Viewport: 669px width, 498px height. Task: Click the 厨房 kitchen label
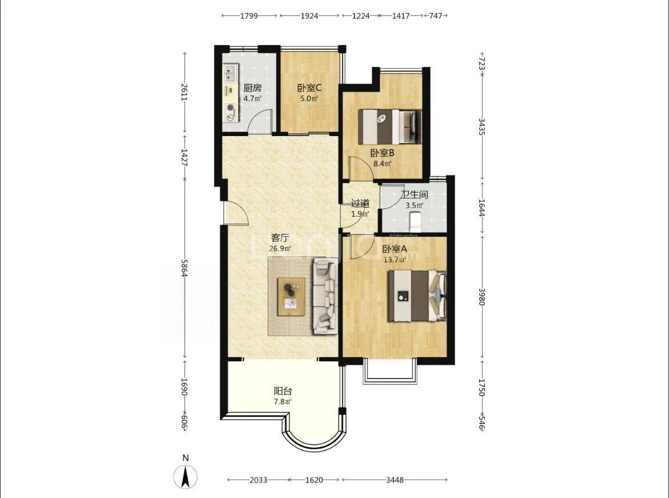coord(252,88)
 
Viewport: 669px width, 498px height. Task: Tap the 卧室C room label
coord(309,88)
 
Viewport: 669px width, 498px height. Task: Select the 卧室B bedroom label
coord(383,153)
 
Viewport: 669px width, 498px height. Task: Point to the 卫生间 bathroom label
coord(415,194)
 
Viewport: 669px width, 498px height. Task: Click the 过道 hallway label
coord(360,204)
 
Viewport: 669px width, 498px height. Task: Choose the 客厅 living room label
coord(280,238)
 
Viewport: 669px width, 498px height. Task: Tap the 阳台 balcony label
coord(282,391)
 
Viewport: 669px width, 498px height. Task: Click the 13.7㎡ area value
coord(395,258)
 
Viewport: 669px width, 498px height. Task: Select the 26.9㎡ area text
coord(280,248)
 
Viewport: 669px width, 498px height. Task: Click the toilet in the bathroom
coord(415,221)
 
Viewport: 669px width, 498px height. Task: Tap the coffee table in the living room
coord(292,297)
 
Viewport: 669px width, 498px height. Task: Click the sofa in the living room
coord(325,296)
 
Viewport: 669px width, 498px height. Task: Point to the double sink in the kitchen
coord(231,73)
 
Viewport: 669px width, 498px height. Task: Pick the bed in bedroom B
coord(389,127)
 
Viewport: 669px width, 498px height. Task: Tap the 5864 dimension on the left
coord(185,268)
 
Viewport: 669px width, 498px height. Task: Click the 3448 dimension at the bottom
coord(395,480)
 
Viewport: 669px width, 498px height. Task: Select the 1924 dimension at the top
coord(309,16)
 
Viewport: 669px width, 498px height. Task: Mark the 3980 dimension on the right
coord(481,297)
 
